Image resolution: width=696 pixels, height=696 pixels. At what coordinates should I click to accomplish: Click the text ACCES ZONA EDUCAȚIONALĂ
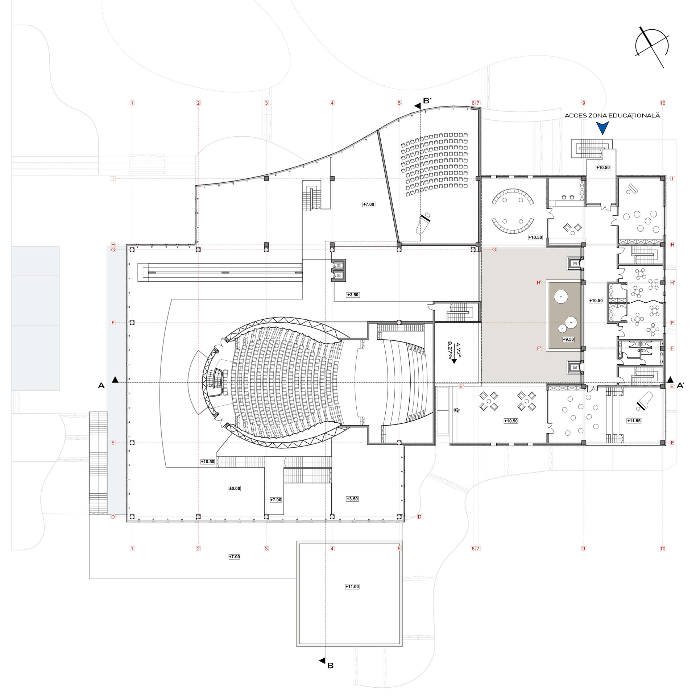(x=612, y=116)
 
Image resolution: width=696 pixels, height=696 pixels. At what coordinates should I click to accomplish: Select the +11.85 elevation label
(x=634, y=421)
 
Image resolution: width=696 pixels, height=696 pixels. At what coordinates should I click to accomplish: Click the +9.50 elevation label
(x=568, y=339)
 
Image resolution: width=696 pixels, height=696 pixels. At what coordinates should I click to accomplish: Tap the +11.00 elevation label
(x=352, y=587)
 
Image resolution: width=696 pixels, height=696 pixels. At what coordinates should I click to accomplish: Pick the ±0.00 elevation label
(x=235, y=488)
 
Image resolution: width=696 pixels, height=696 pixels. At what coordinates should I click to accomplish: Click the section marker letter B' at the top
(x=427, y=101)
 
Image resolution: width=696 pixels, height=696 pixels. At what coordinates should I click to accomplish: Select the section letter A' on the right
(x=680, y=386)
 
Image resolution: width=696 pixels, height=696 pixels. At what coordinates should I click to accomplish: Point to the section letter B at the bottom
(x=330, y=676)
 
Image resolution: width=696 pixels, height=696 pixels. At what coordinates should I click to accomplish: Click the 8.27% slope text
(x=450, y=350)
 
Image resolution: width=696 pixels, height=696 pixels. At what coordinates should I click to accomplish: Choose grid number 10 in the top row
(x=663, y=103)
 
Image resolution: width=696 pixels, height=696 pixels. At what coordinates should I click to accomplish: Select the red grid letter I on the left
(x=113, y=178)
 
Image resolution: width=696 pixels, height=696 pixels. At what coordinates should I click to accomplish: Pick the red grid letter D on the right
(x=419, y=517)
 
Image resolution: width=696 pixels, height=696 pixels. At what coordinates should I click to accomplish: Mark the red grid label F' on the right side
(x=672, y=348)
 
